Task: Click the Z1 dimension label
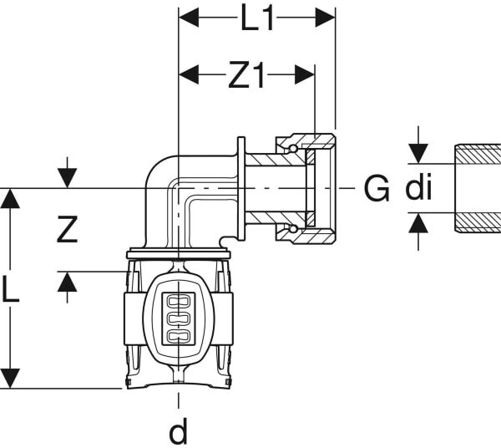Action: (x=246, y=76)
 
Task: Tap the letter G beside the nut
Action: (x=377, y=189)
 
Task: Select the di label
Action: (x=418, y=187)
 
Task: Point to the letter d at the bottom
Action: (x=179, y=430)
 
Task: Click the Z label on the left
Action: (x=67, y=229)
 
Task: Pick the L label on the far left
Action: (x=11, y=290)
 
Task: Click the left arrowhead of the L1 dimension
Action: (x=189, y=18)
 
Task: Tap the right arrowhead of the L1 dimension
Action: (x=326, y=18)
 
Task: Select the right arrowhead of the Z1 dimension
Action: (x=305, y=75)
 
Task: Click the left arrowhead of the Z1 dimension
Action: (x=189, y=75)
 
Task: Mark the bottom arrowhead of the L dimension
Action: (x=10, y=379)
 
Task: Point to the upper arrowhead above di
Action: (x=418, y=154)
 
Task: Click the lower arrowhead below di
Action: (x=418, y=222)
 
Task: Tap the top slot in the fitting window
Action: (x=179, y=301)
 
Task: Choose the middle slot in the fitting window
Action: (x=179, y=318)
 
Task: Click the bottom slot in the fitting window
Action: (x=179, y=336)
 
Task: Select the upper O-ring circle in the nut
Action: (x=293, y=148)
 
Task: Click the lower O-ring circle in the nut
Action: (x=293, y=229)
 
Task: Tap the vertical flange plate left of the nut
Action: (x=241, y=188)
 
